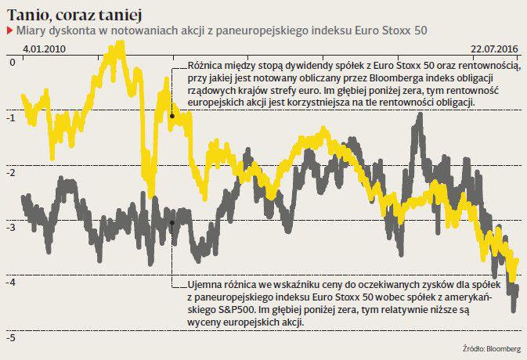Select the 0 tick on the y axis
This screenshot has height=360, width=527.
pos(10,61)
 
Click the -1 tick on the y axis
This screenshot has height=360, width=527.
pos(10,117)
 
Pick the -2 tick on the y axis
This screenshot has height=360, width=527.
pos(10,171)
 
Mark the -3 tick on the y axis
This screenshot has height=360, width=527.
pos(10,227)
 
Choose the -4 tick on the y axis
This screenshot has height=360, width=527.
pos(10,282)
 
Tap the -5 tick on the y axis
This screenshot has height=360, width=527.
pos(10,337)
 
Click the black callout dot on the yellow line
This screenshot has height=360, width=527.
pos(171,116)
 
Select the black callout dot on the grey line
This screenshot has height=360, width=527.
pos(171,222)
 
